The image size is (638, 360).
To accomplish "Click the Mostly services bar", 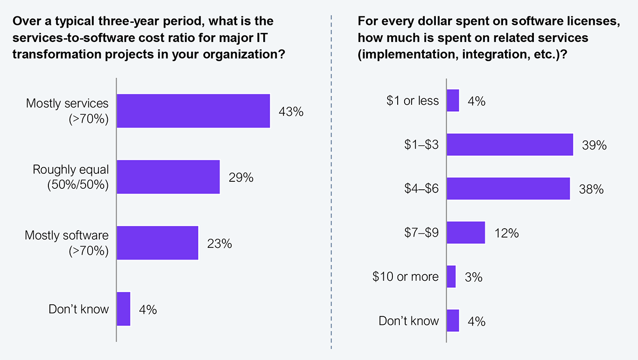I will point(193,111).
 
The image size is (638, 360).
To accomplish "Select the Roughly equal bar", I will point(168,177).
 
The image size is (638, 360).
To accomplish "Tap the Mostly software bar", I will point(157,242).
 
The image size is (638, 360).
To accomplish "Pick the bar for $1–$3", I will point(510,145).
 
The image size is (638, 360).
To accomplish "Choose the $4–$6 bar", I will point(508,189).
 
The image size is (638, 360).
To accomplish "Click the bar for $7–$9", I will point(466,232).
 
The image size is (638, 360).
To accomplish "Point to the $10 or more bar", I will point(451,277).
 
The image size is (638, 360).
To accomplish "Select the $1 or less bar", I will point(453,101).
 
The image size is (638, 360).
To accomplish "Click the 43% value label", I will point(290,112).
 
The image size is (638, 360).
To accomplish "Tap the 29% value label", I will point(240,177).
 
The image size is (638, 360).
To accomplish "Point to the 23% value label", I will point(219,243).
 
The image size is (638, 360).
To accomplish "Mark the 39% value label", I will point(594,145).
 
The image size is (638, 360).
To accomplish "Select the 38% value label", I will point(591,189).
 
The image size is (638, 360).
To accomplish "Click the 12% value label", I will point(506,233).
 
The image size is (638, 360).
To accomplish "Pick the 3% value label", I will point(473,277).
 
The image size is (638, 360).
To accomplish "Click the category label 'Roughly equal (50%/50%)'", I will point(71,177).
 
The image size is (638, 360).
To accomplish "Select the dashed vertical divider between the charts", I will point(331,181).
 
